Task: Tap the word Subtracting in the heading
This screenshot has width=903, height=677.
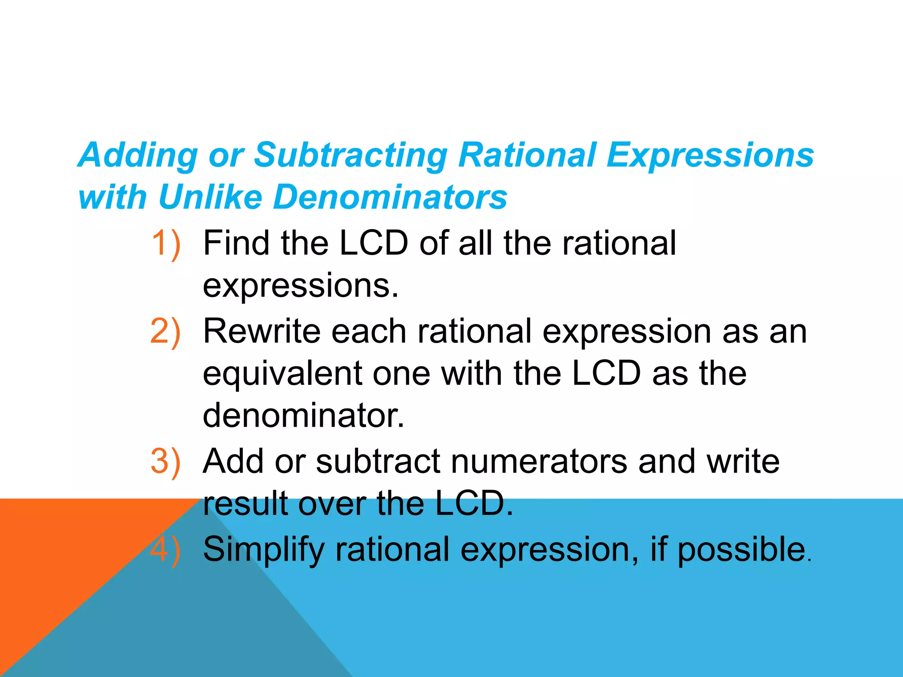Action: tap(351, 156)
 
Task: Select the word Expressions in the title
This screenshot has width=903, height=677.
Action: tap(710, 156)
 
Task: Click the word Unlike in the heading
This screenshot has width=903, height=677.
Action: tap(210, 197)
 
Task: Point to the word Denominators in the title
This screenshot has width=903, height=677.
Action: tap(390, 197)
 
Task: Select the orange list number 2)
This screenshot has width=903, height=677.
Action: tap(166, 331)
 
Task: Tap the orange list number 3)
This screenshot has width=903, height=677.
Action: tap(166, 461)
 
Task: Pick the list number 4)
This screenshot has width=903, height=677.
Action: tap(166, 550)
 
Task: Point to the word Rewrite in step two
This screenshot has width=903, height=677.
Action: tap(261, 331)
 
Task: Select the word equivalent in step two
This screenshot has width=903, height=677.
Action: tap(282, 374)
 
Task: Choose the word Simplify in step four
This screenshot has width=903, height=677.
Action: tap(264, 550)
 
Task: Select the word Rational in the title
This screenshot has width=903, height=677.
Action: tap(527, 156)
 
